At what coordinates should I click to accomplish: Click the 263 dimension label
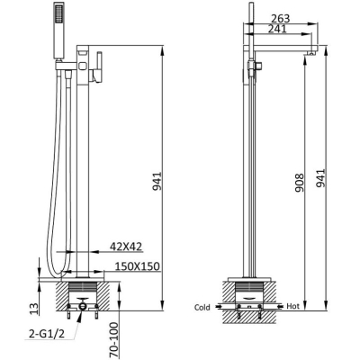tap(281, 19)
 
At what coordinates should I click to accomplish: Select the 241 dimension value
tap(276, 29)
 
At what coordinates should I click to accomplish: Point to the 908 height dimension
tap(300, 183)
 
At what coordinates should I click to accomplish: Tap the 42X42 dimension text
tap(126, 247)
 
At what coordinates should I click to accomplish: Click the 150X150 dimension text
tap(138, 266)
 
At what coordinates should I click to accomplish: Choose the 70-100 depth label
tap(114, 339)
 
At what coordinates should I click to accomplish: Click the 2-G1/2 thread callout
tap(47, 333)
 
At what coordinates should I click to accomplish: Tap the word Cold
tap(202, 307)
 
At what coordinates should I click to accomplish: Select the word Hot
tap(292, 306)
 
